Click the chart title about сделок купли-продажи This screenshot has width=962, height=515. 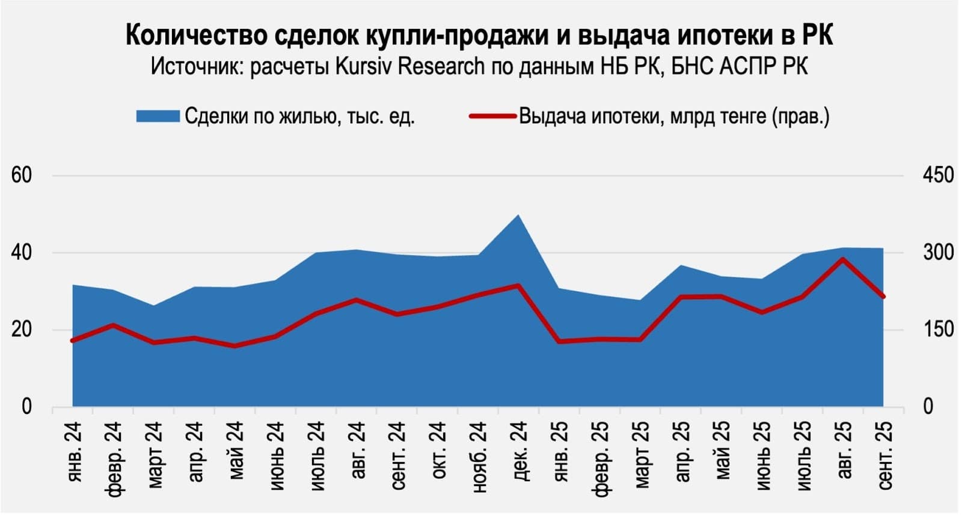pos(479,35)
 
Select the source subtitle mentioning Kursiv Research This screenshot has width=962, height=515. pos(479,66)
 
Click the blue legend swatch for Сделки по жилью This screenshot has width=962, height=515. pos(158,116)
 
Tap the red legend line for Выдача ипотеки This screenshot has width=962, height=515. pos(492,116)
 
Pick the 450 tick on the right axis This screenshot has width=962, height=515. pos(938,176)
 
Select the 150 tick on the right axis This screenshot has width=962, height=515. pos(938,330)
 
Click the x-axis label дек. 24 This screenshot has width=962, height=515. pos(519,450)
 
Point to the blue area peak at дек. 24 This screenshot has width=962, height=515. pos(518,215)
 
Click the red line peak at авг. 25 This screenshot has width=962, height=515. pos(843,259)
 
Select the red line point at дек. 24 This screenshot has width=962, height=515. pos(518,285)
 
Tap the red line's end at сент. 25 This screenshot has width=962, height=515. pos(883,297)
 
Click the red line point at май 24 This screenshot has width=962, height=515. pos(234,346)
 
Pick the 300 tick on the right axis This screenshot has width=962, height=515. pos(938,253)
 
